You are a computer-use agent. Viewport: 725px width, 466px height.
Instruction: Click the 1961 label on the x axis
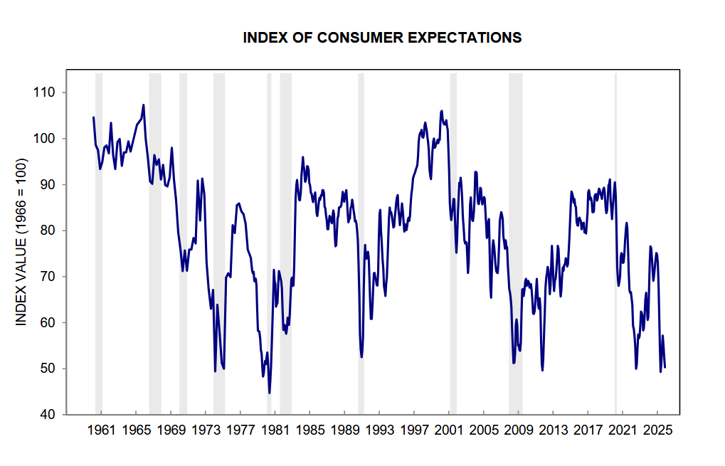[101, 430]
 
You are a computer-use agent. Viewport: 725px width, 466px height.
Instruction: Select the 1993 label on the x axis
[379, 430]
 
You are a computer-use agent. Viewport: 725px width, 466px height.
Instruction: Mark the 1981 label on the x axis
[275, 430]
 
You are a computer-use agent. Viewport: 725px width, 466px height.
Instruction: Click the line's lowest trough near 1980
[270, 392]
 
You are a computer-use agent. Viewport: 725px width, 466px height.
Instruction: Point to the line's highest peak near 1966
[144, 105]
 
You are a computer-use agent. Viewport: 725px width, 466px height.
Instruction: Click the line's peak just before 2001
[442, 111]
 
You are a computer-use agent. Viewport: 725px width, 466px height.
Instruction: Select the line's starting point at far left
[93, 117]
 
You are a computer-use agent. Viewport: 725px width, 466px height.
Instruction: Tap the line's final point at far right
[665, 367]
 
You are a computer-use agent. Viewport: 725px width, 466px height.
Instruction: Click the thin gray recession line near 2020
[615, 242]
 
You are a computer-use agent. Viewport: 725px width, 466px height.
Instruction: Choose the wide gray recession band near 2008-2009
[515, 242]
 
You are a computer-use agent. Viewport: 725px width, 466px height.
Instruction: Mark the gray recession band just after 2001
[453, 242]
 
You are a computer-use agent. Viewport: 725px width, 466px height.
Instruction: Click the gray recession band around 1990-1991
[361, 242]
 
